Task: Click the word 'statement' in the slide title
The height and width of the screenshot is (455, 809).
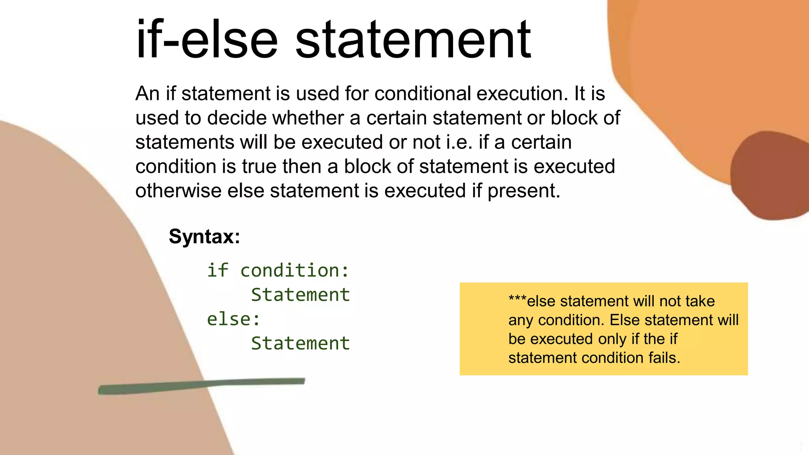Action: click(413, 39)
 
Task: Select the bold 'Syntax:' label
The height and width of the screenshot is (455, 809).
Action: click(204, 237)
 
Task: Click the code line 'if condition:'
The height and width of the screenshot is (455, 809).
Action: click(278, 271)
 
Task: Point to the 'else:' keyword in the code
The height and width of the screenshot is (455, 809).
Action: click(233, 319)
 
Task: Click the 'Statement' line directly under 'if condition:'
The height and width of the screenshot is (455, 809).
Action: click(300, 295)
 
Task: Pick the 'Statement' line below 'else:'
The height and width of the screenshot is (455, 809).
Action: click(300, 343)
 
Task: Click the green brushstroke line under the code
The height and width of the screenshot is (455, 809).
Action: click(201, 385)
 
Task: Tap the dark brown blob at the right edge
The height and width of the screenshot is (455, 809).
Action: click(770, 176)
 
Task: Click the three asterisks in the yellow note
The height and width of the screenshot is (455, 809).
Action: click(517, 299)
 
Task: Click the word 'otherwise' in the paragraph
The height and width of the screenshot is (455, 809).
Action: click(179, 191)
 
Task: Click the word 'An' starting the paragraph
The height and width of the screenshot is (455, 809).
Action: click(147, 94)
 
